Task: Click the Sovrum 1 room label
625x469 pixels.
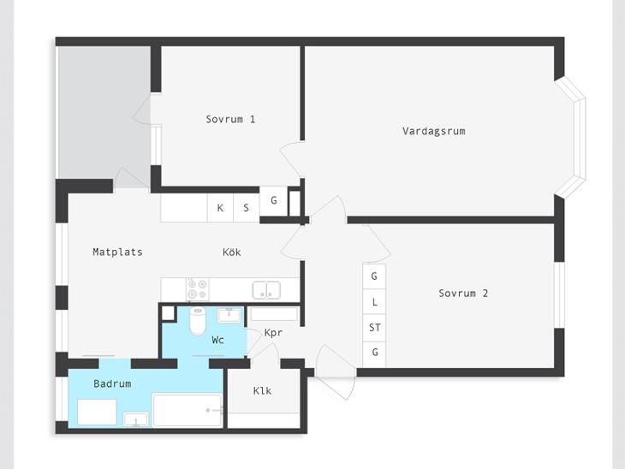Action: (x=230, y=119)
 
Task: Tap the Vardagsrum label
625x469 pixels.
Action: (x=434, y=131)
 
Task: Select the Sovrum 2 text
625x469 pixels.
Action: (x=463, y=294)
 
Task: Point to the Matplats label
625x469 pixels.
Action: (x=117, y=252)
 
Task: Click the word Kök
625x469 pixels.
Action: (x=231, y=252)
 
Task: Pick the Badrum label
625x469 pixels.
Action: (x=112, y=383)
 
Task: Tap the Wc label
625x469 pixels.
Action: (x=217, y=340)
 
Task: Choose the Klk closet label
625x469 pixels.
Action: (x=262, y=390)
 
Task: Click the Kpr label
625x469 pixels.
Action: (x=273, y=332)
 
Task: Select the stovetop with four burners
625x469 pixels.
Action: (x=198, y=289)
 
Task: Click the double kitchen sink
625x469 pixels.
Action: (x=266, y=289)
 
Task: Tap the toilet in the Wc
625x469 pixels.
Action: (x=197, y=321)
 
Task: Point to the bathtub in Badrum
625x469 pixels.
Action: (x=187, y=411)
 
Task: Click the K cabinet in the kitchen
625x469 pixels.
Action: (x=220, y=208)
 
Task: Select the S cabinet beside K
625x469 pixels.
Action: (x=247, y=208)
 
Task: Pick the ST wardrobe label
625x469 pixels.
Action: (x=375, y=328)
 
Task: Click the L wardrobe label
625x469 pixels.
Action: (x=375, y=302)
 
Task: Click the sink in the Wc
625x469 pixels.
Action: (x=229, y=316)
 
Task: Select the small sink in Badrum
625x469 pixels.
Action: (x=135, y=419)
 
